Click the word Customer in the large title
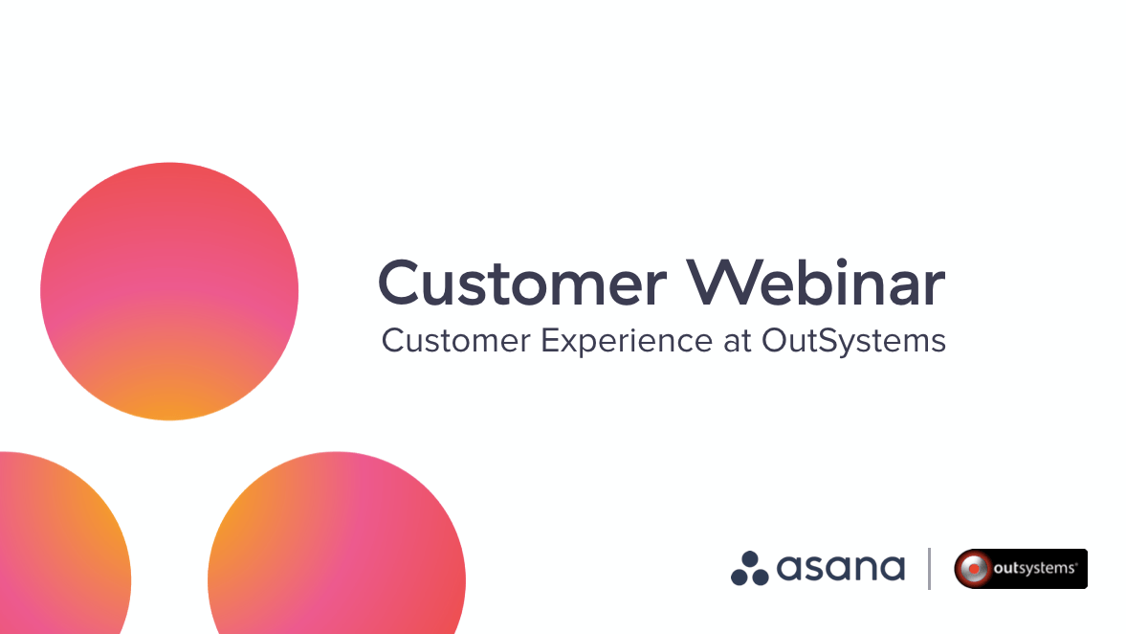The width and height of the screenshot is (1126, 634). [521, 283]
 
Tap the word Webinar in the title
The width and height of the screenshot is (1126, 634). [819, 283]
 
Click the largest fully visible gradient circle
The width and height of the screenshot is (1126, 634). [169, 291]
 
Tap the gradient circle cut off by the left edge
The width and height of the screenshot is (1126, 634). [57, 555]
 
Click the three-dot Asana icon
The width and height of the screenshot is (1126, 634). [750, 568]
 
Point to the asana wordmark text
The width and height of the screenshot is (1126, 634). [840, 568]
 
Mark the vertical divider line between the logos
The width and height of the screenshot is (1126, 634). [929, 568]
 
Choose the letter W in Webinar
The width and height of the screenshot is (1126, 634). [731, 283]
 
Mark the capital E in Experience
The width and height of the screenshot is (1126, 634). [551, 341]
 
